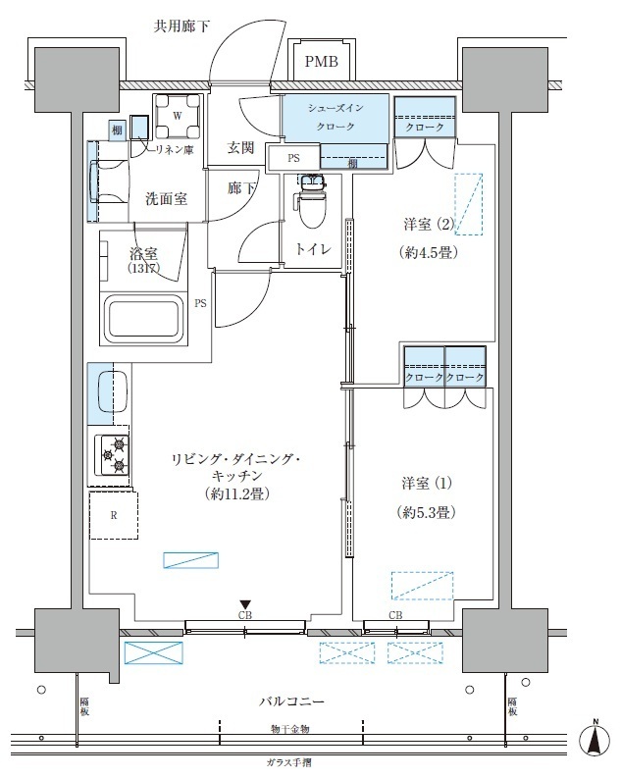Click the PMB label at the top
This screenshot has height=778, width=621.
point(320,63)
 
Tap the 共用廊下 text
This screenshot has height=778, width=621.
point(182,26)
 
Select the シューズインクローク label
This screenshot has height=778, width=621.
point(336,119)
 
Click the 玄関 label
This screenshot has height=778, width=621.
point(241,148)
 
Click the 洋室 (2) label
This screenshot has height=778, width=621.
point(431,222)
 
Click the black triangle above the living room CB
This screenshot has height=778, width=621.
point(246,604)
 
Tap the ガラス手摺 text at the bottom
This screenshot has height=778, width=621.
point(289,763)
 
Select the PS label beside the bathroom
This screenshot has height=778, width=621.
point(200,303)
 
